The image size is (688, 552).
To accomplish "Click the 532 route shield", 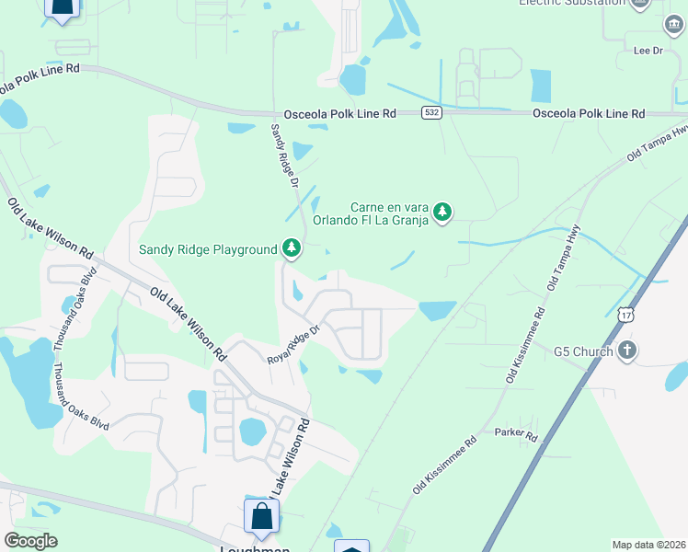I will pos(431,112).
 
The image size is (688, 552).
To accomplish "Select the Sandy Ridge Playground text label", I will pos(208,249).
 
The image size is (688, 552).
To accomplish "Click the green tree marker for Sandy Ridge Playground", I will pos(292,247).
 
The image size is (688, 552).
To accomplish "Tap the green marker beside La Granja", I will pos(443,213).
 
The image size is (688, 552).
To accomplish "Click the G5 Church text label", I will pos(581,351).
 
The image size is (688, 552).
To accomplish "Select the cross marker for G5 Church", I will pos(627,351).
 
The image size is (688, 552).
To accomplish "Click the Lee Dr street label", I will pos(643,51).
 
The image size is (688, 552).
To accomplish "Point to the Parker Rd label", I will pos(515,432).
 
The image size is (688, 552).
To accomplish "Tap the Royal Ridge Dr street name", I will pos(293,343).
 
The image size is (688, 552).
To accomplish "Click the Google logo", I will pos(31,541).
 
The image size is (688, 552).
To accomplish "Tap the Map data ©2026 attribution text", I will pos(649,545).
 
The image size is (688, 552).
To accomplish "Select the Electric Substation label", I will pos(572,3).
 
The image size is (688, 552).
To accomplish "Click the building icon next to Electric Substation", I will pos(642,3).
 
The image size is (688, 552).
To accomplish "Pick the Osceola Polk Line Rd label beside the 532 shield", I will pos(339,113).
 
